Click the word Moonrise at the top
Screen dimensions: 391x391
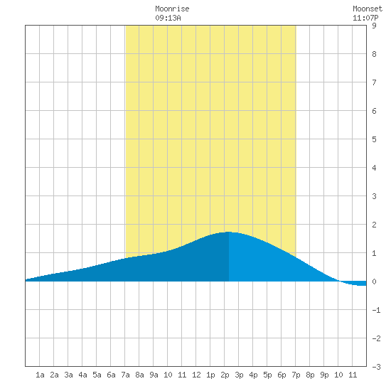point(172,9)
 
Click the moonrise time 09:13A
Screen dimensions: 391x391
point(168,18)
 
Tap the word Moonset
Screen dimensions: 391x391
point(368,9)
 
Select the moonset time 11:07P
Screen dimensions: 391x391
point(365,18)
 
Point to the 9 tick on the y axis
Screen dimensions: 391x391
point(374,26)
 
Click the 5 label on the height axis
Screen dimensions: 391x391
point(374,139)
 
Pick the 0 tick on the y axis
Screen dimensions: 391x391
point(374,282)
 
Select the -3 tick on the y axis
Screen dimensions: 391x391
point(376,367)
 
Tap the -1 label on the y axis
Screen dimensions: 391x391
point(376,310)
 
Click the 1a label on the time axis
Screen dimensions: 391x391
point(40,375)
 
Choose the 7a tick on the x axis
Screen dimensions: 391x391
point(125,375)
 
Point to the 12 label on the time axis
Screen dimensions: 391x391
point(196,375)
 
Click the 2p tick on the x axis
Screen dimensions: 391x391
point(225,375)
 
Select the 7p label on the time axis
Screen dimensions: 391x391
point(296,375)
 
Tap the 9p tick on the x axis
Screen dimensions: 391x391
point(324,375)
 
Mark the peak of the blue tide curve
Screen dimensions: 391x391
point(229,232)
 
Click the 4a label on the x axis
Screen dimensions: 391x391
point(82,375)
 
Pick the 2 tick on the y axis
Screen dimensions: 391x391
point(374,225)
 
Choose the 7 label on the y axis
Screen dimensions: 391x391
point(374,82)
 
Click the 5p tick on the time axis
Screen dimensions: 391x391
point(267,375)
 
